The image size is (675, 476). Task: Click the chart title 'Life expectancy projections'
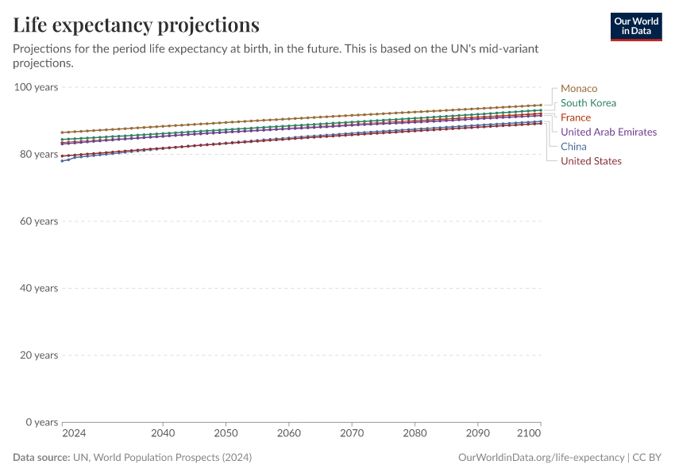[136, 25]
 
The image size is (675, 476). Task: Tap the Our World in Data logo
[635, 26]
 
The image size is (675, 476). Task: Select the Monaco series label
[578, 88]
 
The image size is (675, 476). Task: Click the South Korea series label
[588, 102]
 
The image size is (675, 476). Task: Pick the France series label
[575, 117]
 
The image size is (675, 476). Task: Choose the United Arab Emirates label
[608, 132]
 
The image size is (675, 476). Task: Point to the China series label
[573, 146]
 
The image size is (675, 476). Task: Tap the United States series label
[591, 161]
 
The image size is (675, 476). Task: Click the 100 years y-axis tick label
[36, 87]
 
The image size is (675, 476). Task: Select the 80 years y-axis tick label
[39, 154]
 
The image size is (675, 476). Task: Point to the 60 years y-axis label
[39, 221]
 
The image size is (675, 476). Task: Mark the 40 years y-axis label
[39, 288]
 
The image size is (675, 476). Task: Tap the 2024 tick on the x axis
[74, 433]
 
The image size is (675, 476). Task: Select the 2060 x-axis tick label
[288, 433]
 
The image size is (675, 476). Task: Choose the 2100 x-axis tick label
[529, 433]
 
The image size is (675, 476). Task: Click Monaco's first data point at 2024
[63, 132]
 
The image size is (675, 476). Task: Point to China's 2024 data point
[63, 160]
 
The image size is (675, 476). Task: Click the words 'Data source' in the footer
[41, 458]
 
